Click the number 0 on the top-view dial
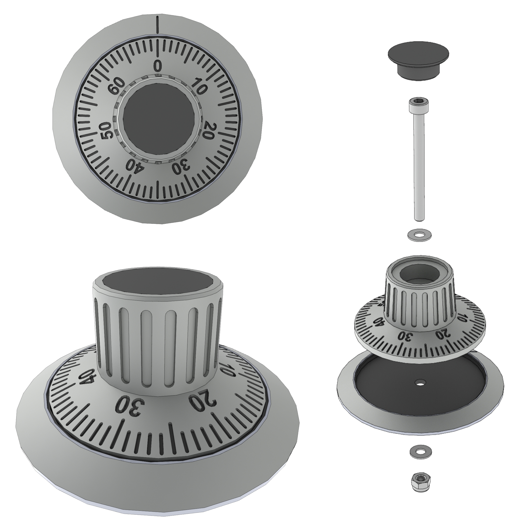click(x=158, y=66)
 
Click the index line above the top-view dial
click(x=157, y=25)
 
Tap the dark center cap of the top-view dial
click(x=159, y=119)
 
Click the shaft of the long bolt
click(x=419, y=169)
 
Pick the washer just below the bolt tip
click(x=419, y=234)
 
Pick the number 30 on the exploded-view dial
click(x=405, y=336)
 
